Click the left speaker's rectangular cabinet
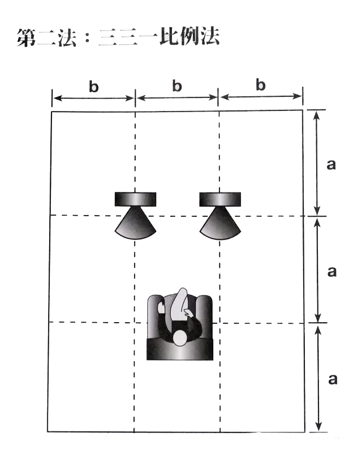(135, 199)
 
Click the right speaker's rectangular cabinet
(220, 199)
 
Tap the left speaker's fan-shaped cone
(135, 225)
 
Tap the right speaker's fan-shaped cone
(219, 225)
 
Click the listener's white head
(180, 338)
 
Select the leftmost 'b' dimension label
(93, 87)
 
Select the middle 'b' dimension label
(177, 87)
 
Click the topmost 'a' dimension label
(332, 164)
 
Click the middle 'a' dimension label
(332, 271)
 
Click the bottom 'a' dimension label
(332, 378)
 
